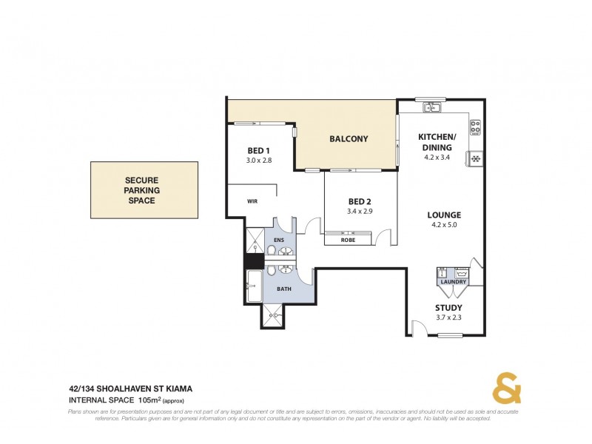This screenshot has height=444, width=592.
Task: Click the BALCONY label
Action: pyautogui.click(x=349, y=139)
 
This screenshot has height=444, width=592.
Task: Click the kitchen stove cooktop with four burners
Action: pyautogui.click(x=475, y=128)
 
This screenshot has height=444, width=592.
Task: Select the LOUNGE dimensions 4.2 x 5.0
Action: pyautogui.click(x=444, y=225)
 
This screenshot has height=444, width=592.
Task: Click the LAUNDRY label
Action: pyautogui.click(x=451, y=281)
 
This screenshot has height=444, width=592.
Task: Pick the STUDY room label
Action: pyautogui.click(x=448, y=308)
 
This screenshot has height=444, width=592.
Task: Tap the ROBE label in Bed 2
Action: pyautogui.click(x=347, y=240)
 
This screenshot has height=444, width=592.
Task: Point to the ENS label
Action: pyautogui.click(x=279, y=240)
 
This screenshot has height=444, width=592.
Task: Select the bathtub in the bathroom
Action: pyautogui.click(x=252, y=286)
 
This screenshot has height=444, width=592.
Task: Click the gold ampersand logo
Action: pyautogui.click(x=507, y=388)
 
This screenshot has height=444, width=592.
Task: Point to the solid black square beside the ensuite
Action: pyautogui.click(x=254, y=261)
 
